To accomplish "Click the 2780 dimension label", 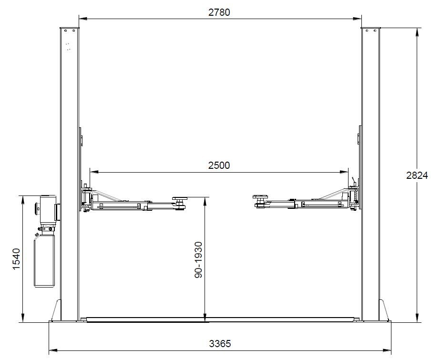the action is click(x=219, y=12).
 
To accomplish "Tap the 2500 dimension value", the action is click(x=219, y=165).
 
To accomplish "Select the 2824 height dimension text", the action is click(x=417, y=175).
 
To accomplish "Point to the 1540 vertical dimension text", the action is click(x=17, y=259).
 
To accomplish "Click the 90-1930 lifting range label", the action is click(x=198, y=260).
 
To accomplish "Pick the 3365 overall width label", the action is click(x=220, y=343).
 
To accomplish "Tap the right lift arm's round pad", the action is click(x=260, y=197).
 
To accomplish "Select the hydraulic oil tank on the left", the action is click(x=44, y=260).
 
